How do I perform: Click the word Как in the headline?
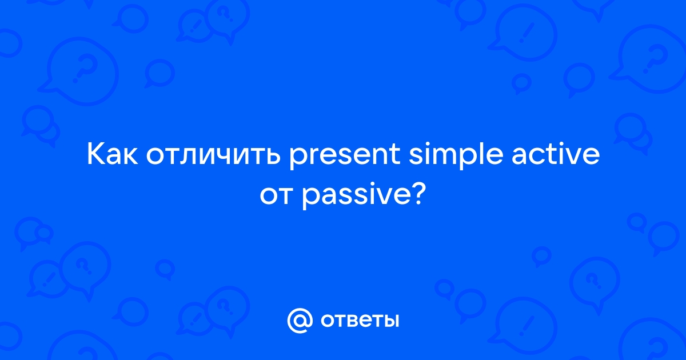click(113, 155)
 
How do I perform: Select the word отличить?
click(213, 155)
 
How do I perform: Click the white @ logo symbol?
click(300, 321)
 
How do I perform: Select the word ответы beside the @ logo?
click(360, 321)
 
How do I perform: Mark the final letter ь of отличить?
click(272, 157)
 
